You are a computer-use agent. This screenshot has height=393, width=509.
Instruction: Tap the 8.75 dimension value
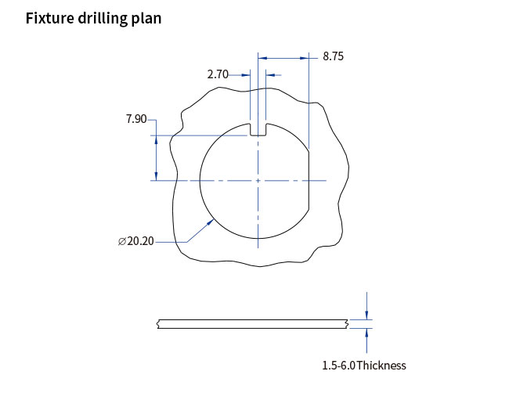point(333,56)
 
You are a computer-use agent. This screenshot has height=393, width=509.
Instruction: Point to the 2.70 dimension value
point(217,74)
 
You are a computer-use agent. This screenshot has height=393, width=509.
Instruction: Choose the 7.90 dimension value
point(135,119)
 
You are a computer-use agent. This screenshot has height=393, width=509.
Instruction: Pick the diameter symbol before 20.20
point(121,241)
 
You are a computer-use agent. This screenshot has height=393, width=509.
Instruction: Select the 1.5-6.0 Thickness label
point(364,366)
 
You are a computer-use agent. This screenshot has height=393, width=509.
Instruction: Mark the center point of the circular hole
point(258,181)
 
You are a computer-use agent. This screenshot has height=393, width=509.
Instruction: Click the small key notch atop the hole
point(258,129)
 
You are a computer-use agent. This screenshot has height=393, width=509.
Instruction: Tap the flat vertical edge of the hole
point(309,180)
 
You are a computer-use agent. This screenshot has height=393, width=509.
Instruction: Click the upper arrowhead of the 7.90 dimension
point(156,141)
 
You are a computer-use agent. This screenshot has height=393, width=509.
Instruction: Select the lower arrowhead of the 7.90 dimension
point(156,175)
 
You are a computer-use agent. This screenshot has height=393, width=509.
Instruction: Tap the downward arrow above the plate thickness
point(366,313)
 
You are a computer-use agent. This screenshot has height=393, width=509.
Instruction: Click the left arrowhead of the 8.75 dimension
point(262,57)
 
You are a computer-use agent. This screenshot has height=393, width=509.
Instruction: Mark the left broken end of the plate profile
point(158,323)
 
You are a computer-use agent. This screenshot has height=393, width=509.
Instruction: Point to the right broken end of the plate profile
point(346,323)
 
